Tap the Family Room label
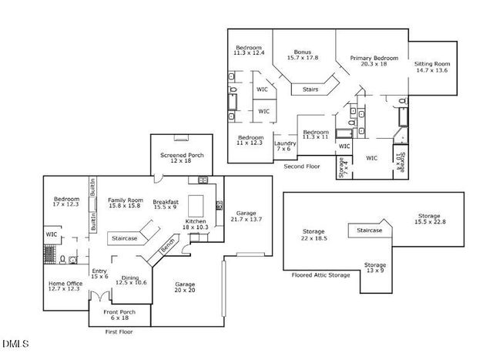(x=125, y=202)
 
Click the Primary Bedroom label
(x=374, y=62)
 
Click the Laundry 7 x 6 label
(x=286, y=146)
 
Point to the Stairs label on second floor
(x=310, y=89)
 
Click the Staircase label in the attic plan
(x=370, y=229)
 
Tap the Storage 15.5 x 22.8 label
(x=429, y=219)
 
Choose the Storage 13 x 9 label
(x=375, y=268)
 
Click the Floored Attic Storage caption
(x=320, y=274)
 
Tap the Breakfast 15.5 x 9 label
(x=166, y=204)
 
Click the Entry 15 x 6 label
(x=99, y=274)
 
